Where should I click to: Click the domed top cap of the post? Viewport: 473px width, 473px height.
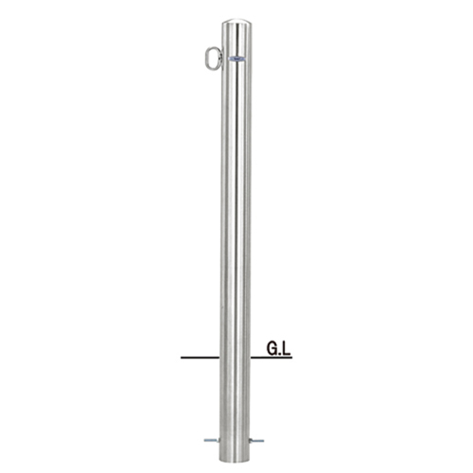coord(236,23)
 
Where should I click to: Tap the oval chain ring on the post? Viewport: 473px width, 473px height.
coord(207,59)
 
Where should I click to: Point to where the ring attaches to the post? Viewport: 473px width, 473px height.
coord(221,59)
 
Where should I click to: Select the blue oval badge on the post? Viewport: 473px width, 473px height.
coord(236,59)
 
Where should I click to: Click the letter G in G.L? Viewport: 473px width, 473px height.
coord(272,349)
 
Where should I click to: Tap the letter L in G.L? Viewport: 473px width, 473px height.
coord(286,349)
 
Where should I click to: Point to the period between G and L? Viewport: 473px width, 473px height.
coord(279,354)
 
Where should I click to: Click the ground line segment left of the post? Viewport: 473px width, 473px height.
coord(201,358)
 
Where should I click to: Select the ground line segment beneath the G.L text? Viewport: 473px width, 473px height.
coord(272,358)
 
